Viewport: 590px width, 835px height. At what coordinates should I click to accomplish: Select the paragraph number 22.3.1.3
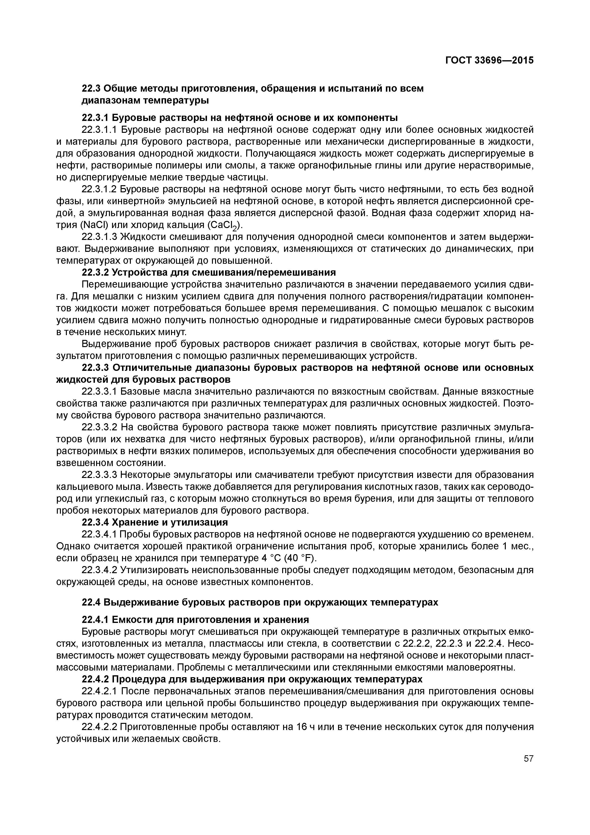(100, 237)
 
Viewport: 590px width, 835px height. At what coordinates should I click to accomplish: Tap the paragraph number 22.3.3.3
(100, 475)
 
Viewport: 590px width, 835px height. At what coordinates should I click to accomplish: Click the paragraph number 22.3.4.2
(100, 570)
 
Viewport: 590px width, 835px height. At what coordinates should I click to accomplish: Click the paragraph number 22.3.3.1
(100, 392)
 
